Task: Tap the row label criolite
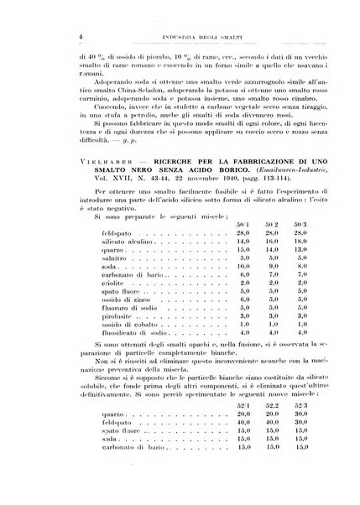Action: click(x=110, y=331)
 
